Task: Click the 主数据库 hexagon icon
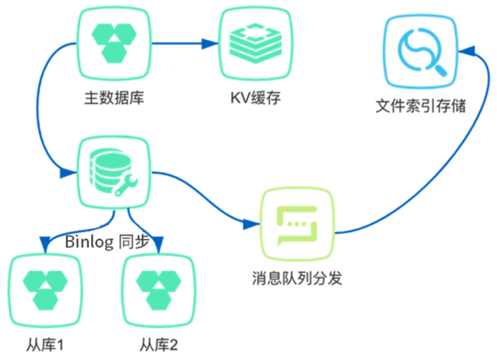click(114, 42)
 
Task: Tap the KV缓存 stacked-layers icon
click(253, 42)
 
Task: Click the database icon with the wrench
click(114, 173)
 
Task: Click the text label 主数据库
click(114, 99)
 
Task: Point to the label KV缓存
click(255, 99)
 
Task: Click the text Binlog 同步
click(106, 242)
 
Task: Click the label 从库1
click(45, 344)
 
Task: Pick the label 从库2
click(159, 344)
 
